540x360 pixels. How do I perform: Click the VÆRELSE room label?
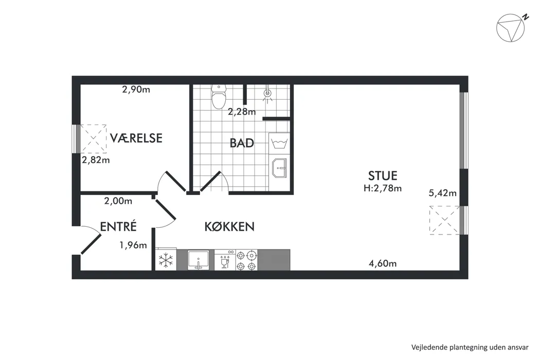click(136, 138)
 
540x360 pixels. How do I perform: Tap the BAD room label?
click(242, 143)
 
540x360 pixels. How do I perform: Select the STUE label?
click(383, 176)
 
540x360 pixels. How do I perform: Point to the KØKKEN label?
click(229, 226)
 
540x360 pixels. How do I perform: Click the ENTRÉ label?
click(118, 226)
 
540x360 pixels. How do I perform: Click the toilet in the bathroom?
click(219, 96)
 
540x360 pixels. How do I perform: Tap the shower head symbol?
click(267, 95)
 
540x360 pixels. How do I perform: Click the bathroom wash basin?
click(279, 168)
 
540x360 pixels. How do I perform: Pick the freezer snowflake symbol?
click(166, 260)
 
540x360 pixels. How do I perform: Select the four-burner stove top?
click(246, 260)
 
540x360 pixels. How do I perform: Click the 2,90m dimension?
click(136, 89)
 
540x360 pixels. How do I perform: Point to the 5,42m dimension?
click(442, 193)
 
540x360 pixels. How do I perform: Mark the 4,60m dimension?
click(383, 263)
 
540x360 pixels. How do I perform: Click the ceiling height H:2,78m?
click(383, 188)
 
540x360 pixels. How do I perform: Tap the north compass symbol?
click(511, 28)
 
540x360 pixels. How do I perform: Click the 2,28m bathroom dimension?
click(242, 112)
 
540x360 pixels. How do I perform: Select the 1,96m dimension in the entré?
click(133, 245)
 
